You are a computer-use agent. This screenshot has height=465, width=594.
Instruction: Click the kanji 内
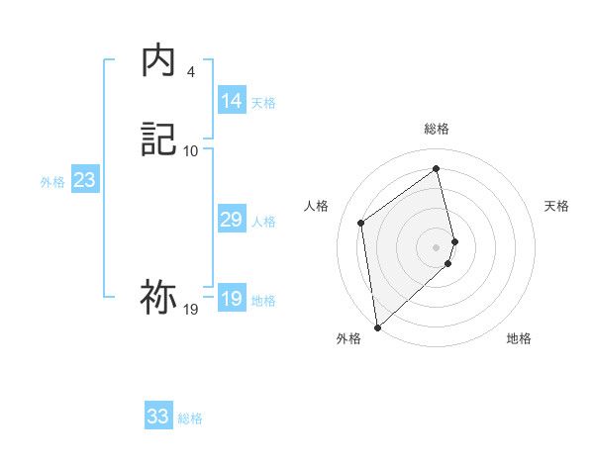pyautogui.click(x=158, y=62)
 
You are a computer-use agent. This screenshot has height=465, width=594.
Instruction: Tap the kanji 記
pyautogui.click(x=158, y=139)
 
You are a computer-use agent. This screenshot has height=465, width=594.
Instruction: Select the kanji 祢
pyautogui.click(x=158, y=297)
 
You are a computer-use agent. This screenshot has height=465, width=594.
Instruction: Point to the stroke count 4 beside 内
pyautogui.click(x=190, y=72)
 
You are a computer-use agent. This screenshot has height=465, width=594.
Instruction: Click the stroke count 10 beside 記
pyautogui.click(x=191, y=150)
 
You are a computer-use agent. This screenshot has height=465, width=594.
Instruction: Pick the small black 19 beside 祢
pyautogui.click(x=191, y=310)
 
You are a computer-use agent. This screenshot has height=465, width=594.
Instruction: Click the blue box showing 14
pyautogui.click(x=232, y=101)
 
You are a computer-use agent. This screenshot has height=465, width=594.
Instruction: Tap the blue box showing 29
pyautogui.click(x=232, y=220)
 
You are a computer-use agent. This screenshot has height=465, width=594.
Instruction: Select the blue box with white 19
pyautogui.click(x=232, y=299)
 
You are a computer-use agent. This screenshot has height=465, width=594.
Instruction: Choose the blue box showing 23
pyautogui.click(x=84, y=180)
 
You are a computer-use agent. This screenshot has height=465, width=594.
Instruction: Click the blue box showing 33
pyautogui.click(x=158, y=417)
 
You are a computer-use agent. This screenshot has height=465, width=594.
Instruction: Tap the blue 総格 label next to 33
pyautogui.click(x=190, y=418)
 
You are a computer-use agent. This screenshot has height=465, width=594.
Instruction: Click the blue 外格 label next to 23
pyautogui.click(x=52, y=182)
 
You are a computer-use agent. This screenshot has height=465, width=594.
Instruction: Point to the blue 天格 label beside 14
pyautogui.click(x=263, y=103)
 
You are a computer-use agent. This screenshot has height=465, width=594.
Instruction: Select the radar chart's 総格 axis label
pyautogui.click(x=437, y=129)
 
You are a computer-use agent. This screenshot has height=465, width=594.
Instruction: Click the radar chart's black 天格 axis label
pyautogui.click(x=557, y=206)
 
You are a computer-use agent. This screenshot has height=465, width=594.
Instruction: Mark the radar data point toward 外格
pyautogui.click(x=376, y=327)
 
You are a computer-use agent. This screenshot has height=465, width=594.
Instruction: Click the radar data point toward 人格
pyautogui.click(x=361, y=223)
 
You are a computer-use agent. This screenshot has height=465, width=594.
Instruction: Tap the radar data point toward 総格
pyautogui.click(x=437, y=169)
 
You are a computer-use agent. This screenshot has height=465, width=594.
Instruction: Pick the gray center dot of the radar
pyautogui.click(x=437, y=246)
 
